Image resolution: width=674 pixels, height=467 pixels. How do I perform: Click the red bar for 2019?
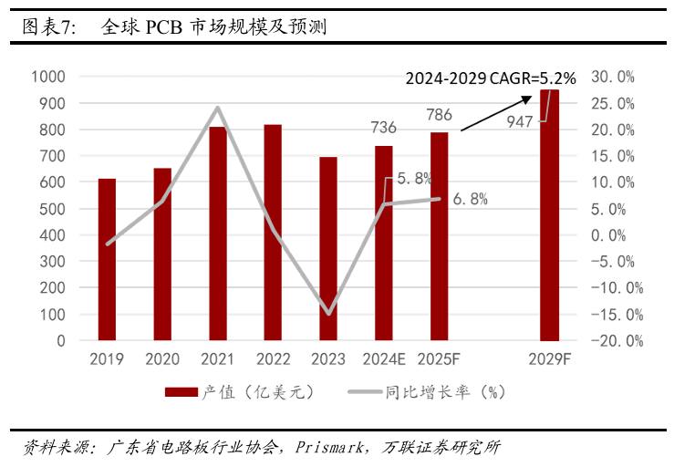tap(107, 260)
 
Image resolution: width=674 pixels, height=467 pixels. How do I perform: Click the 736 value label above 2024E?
tap(384, 127)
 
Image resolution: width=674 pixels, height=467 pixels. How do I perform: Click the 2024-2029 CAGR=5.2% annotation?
tap(491, 78)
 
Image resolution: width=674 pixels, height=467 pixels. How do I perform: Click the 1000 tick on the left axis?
tap(47, 77)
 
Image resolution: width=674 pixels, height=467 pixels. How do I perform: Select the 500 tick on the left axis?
tap(52, 209)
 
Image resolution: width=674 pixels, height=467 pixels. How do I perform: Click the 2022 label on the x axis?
tap(274, 358)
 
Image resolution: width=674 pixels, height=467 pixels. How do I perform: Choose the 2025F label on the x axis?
tap(440, 358)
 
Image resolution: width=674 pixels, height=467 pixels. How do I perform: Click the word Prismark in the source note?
tap(327, 448)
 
